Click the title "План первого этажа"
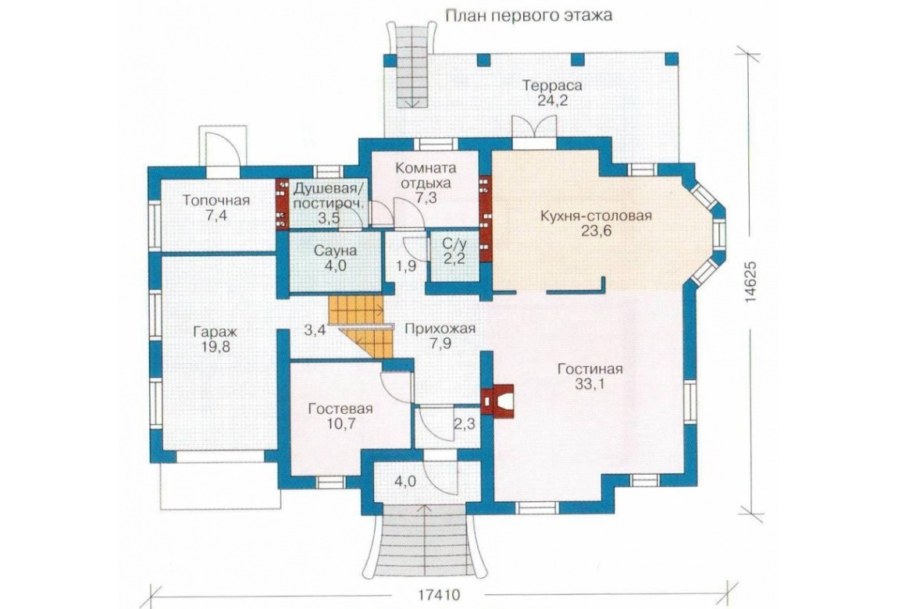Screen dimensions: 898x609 tap(529, 15)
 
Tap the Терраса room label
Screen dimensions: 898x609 tap(552, 86)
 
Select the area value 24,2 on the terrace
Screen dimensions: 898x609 tap(552, 101)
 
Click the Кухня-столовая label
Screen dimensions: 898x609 tap(596, 215)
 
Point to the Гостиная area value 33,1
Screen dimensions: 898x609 tap(590, 384)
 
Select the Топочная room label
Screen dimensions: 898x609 tap(216, 201)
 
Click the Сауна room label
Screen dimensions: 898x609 tap(335, 251)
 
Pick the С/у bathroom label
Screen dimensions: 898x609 tap(453, 244)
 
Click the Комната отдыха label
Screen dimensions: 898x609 tap(426, 176)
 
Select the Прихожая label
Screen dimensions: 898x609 tap(440, 329)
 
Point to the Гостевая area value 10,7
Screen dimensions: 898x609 tap(340, 424)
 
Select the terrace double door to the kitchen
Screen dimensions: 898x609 tap(534, 127)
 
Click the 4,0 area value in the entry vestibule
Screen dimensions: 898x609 tap(404, 482)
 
